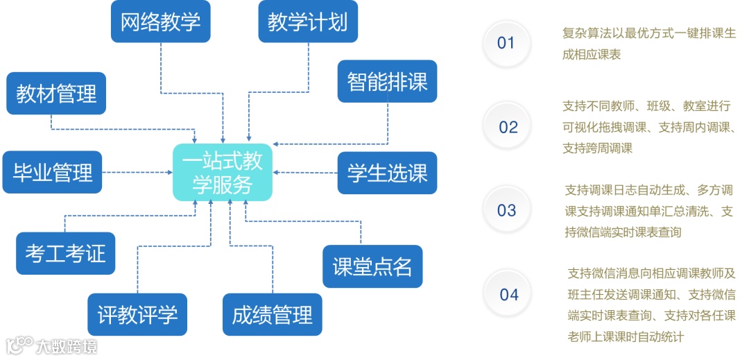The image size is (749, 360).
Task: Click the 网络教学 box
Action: coord(161,22)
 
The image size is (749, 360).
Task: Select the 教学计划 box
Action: coord(307,22)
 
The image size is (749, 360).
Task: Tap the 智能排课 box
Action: coord(387,82)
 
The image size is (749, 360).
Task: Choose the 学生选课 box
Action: coord(387,173)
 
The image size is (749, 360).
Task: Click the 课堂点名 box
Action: coord(372,266)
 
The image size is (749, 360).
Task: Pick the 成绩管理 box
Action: coord(273,315)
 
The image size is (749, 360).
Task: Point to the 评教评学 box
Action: coord(137,315)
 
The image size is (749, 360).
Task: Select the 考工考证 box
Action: coord(65,253)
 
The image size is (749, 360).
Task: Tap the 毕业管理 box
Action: coord(53,172)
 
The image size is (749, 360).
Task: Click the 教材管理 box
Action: coord(56,93)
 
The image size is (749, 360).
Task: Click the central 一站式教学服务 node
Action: coord(222,172)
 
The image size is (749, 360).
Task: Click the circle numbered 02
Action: coord(508,127)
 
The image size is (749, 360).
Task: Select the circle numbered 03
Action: coord(507,211)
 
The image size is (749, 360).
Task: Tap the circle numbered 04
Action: coord(509,295)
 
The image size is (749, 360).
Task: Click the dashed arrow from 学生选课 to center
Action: coord(305,172)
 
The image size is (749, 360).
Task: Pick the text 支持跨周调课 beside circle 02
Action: coord(597,148)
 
